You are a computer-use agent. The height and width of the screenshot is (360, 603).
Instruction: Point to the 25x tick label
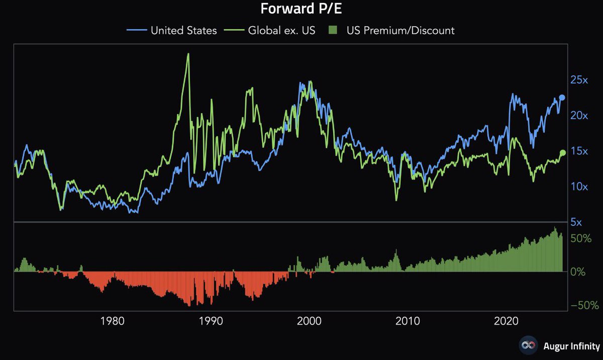click(x=579, y=80)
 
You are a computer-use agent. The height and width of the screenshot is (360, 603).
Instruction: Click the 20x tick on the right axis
click(x=579, y=115)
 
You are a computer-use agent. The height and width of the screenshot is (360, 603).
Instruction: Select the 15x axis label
click(x=579, y=151)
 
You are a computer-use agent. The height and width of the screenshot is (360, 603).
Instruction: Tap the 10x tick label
click(x=579, y=187)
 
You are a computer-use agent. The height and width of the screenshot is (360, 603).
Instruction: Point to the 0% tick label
click(x=578, y=272)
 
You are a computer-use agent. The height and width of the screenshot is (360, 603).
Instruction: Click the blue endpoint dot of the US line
click(x=562, y=98)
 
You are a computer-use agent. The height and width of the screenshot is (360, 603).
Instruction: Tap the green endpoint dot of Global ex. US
click(x=563, y=153)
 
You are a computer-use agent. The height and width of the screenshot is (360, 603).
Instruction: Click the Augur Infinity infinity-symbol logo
click(x=528, y=346)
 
